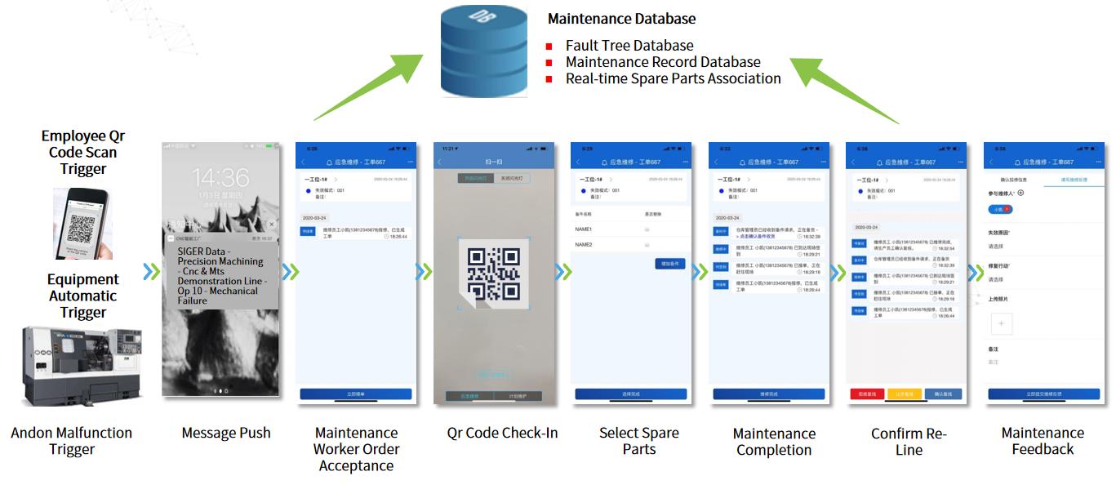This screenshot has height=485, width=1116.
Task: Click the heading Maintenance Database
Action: [621, 18]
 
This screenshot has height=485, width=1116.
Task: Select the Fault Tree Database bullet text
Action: [629, 46]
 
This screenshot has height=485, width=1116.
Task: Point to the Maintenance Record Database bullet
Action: [662, 62]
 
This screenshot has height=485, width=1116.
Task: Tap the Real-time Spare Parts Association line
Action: [673, 78]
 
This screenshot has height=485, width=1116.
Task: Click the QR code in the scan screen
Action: [493, 274]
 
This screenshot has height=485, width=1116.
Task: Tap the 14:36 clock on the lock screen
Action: [220, 178]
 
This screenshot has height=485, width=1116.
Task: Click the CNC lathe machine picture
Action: [82, 365]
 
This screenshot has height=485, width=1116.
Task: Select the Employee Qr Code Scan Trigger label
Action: [83, 153]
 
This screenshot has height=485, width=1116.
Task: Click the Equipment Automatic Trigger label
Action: [82, 296]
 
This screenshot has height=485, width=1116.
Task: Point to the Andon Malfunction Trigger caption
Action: [71, 441]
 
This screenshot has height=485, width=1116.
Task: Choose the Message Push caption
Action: [225, 433]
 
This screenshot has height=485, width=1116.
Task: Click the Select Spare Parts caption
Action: [638, 441]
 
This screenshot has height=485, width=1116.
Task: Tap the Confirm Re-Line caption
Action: [909, 442]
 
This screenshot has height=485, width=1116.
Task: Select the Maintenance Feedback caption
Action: [1043, 441]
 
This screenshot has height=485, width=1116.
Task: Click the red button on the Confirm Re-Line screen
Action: [867, 394]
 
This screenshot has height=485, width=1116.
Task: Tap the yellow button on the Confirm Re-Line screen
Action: [905, 394]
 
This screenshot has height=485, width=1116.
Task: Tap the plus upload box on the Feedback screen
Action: [1002, 323]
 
